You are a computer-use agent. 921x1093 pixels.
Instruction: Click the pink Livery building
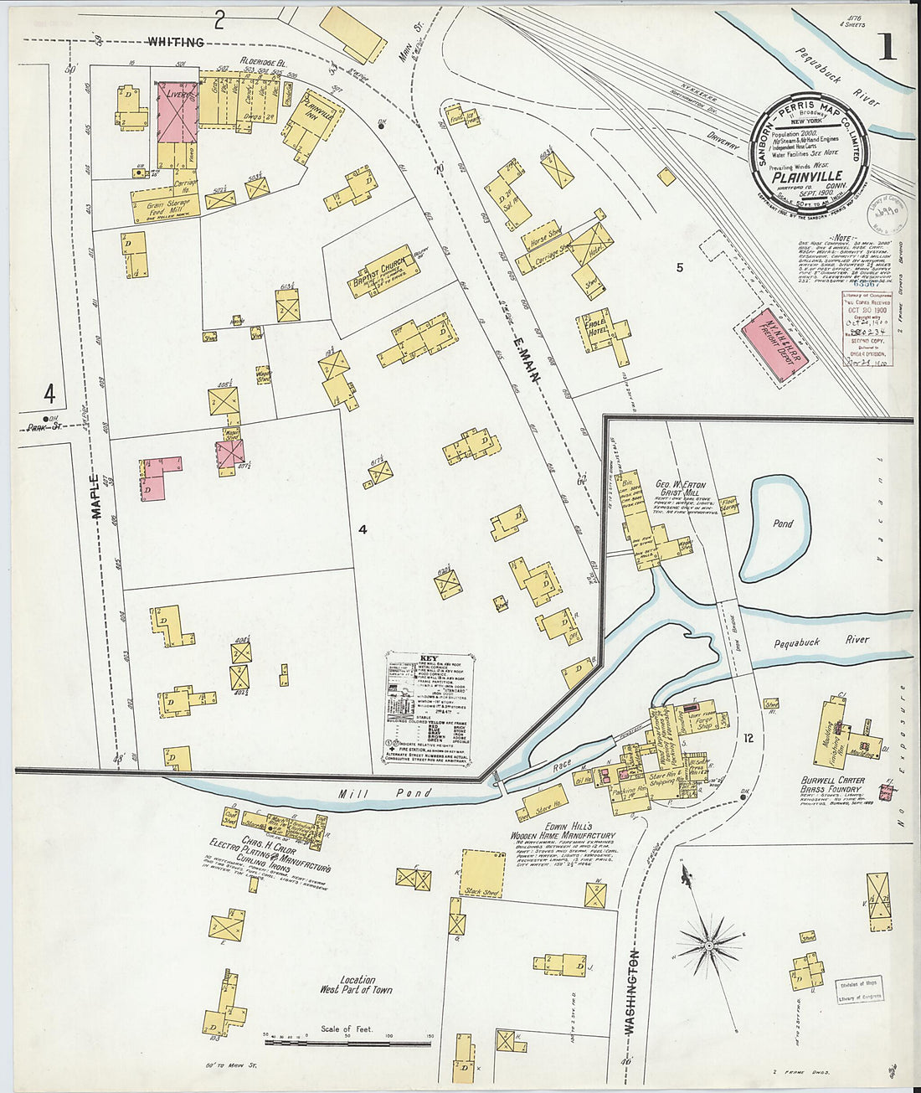178,111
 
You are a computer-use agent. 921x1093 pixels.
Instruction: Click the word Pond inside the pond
783,523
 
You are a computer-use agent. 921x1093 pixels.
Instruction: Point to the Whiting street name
176,42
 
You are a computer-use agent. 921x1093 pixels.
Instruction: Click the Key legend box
428,708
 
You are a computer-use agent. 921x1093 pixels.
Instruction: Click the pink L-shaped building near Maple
159,477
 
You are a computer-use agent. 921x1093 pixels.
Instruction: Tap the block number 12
748,738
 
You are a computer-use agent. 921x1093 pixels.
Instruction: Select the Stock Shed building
483,874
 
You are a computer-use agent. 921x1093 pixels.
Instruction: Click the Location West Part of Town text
356,984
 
